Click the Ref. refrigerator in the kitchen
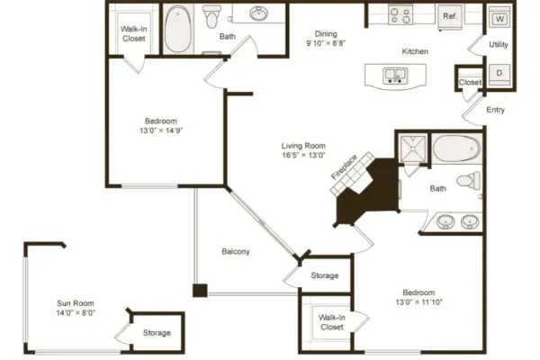coord(449,16)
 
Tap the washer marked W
coord(499,18)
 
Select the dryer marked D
coord(499,74)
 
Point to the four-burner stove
coord(400,15)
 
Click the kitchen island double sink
coord(395,76)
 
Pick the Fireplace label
coord(344,167)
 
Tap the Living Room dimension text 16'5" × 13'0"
coord(303,156)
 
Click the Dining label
coord(326,34)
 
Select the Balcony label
coord(236,251)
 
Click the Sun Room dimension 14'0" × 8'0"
coord(76,313)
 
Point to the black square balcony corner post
coord(200,290)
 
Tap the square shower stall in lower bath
coord(412,148)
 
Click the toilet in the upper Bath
coord(211,16)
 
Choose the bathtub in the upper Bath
coord(177,29)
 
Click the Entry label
coord(495,110)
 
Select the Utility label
coord(499,44)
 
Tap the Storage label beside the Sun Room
coord(157,333)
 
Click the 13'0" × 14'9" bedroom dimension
coord(161,130)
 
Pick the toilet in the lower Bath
coord(468,180)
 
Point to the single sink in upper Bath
coord(258,14)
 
